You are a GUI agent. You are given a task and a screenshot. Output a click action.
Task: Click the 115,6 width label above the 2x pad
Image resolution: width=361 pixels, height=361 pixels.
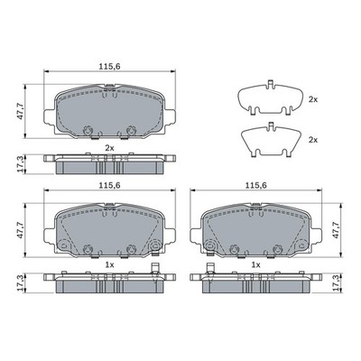[x=110, y=67]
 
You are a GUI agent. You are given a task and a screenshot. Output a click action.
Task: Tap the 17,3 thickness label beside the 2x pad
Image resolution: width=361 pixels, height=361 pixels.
[x=21, y=164]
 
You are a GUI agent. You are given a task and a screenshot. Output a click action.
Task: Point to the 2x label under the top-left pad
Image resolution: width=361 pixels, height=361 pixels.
[x=109, y=148]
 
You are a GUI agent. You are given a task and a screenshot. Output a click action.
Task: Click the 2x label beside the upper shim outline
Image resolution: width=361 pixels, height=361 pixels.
[x=313, y=99]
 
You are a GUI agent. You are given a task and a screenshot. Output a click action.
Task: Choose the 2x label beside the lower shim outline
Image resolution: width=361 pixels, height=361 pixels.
[x=313, y=140]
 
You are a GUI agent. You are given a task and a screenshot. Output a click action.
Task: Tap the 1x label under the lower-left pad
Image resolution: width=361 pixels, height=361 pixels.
[x=109, y=264]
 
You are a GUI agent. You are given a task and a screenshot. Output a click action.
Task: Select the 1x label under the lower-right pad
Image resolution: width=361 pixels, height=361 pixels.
[x=255, y=264]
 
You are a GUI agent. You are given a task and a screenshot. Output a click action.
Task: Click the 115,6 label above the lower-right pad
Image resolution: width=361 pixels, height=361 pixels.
[x=256, y=186]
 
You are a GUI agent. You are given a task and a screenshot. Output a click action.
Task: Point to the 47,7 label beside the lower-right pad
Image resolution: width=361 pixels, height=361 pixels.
[x=336, y=230]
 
